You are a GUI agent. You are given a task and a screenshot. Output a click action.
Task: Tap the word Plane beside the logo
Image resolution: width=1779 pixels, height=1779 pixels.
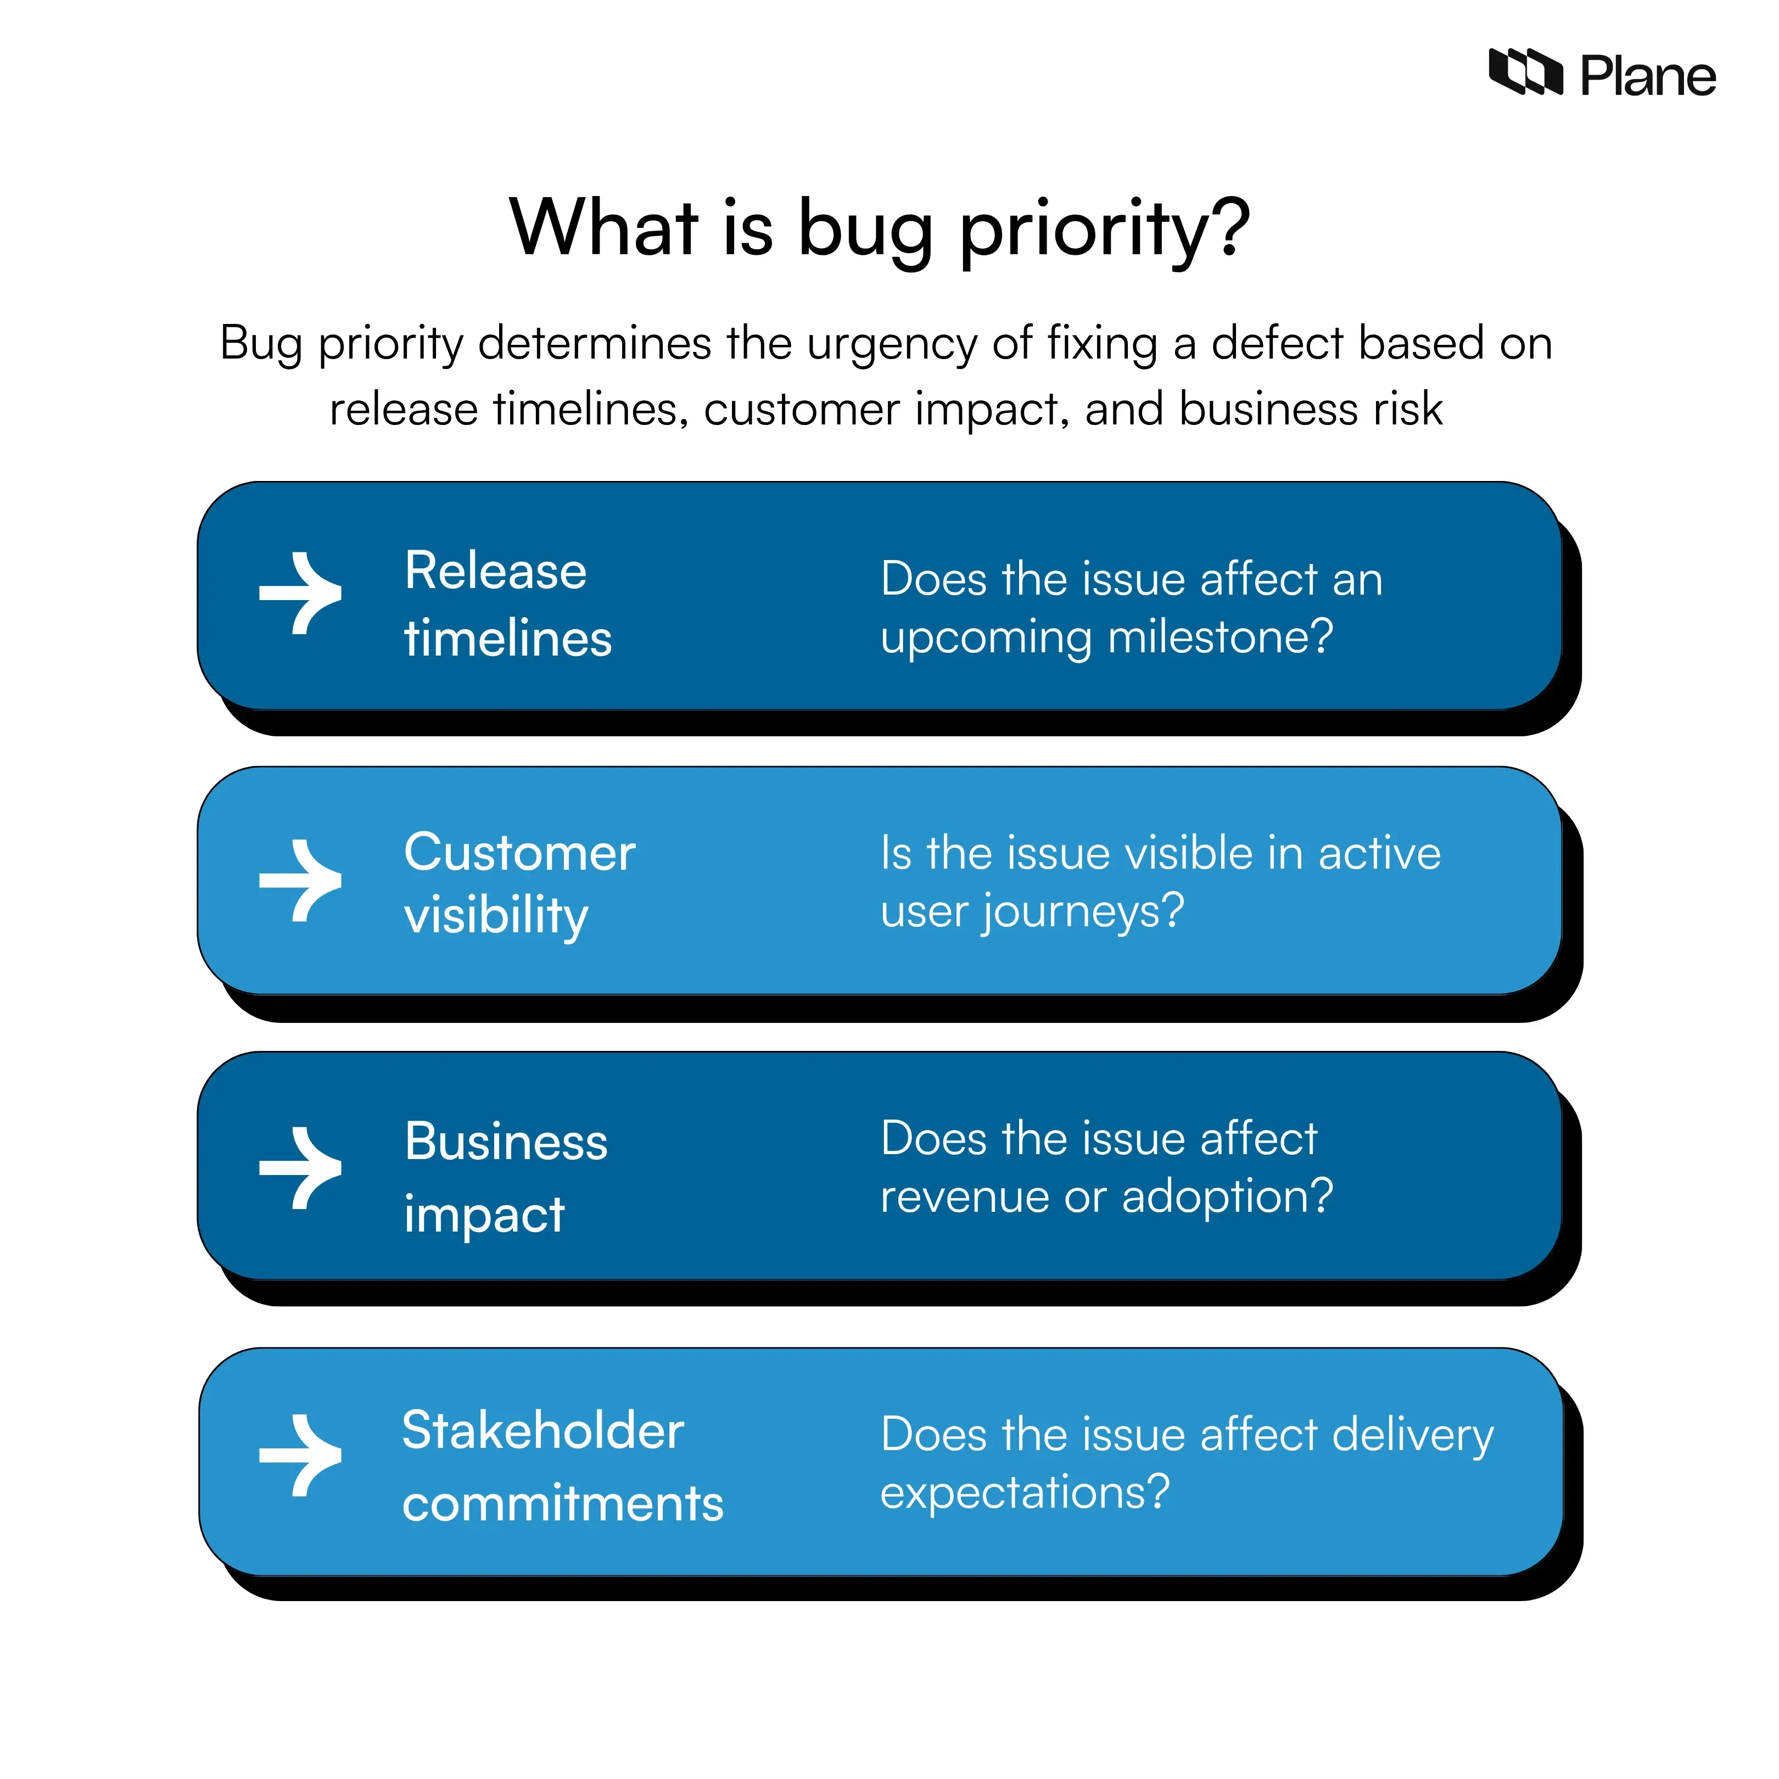(x=1647, y=76)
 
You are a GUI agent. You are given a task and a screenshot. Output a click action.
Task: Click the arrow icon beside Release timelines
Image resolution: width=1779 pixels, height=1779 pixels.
(x=301, y=594)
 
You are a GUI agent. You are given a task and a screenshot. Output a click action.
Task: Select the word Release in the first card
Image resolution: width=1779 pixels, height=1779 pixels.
(x=495, y=571)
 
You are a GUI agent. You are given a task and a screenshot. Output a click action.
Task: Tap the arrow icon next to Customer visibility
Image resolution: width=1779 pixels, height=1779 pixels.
(x=301, y=880)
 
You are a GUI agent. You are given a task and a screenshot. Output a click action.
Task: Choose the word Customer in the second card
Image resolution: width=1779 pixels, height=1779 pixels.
(x=519, y=853)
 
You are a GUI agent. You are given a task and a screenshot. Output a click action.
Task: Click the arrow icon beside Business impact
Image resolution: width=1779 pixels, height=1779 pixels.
(x=301, y=1167)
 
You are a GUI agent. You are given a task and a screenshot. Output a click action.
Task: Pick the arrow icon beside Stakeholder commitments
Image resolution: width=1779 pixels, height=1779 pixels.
(x=301, y=1455)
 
